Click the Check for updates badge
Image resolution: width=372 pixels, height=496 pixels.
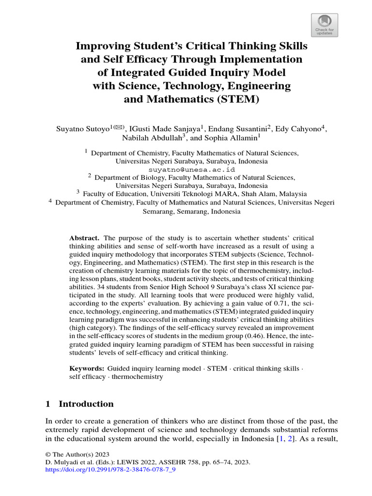point(324,25)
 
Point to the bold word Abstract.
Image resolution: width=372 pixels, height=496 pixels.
point(84,238)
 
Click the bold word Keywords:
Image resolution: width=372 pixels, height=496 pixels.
point(87,369)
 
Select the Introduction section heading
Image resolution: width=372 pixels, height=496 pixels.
point(86,404)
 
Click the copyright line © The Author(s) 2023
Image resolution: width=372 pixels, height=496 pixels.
point(77,454)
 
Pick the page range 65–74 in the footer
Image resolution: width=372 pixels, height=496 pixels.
point(217,462)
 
